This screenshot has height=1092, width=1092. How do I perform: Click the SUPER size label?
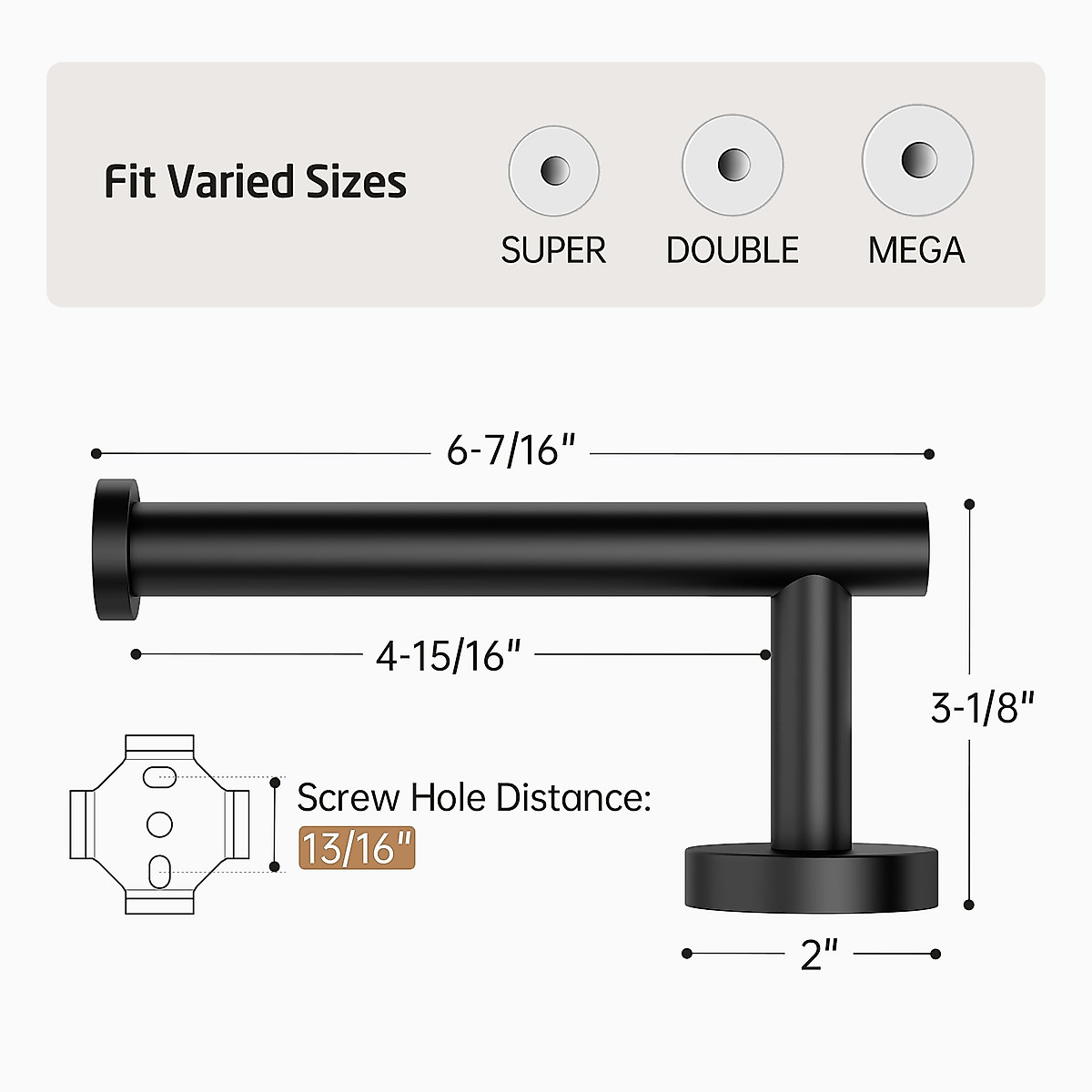(553, 250)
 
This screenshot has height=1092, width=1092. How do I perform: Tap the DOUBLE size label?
(733, 250)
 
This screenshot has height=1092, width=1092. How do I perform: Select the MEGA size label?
(916, 250)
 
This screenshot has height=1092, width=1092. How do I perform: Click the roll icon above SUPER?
(553, 171)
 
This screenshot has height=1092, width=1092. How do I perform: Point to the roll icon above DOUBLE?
(733, 166)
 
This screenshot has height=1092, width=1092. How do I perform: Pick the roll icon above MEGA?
(917, 160)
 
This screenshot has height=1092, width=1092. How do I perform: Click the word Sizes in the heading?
(356, 181)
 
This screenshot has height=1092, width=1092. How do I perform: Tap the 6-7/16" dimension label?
(511, 450)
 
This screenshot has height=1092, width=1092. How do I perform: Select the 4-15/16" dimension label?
(449, 655)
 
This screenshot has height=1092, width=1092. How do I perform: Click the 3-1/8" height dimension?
(983, 707)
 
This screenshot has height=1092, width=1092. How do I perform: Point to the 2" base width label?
(819, 955)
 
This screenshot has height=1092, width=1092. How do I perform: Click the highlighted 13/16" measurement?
(357, 848)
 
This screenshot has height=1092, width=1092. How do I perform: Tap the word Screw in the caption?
(349, 798)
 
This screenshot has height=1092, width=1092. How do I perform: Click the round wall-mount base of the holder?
(811, 877)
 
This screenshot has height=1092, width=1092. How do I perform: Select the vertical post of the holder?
(812, 719)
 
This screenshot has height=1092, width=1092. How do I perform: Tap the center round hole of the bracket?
(159, 824)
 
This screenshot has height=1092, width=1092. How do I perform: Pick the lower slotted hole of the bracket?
(159, 869)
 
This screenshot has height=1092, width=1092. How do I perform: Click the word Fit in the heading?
(130, 181)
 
